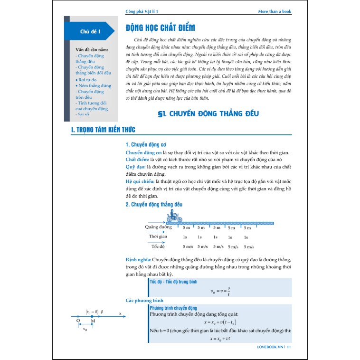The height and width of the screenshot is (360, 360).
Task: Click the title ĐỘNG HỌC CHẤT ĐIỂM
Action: coord(156,28)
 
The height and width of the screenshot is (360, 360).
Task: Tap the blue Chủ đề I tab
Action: coord(89,31)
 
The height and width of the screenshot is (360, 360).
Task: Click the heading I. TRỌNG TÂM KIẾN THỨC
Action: coord(102,130)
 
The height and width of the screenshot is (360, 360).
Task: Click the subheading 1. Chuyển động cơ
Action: coord(145,144)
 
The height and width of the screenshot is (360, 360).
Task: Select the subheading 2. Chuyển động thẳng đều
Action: coord(153,204)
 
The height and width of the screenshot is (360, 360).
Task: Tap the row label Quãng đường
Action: coord(158,227)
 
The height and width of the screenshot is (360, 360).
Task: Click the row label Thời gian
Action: coord(158,237)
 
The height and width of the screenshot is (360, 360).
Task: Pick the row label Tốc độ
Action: coord(158,246)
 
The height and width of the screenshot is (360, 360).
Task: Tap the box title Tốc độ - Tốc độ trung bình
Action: coord(173,282)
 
